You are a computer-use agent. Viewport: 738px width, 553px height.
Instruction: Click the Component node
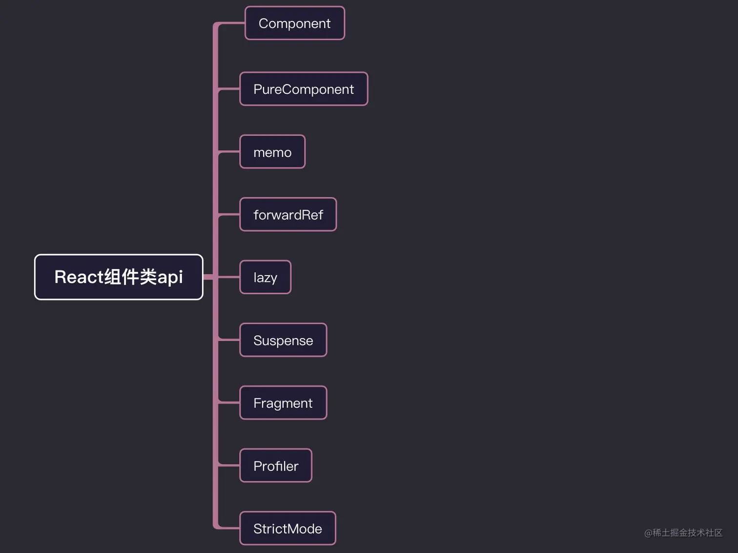(294, 23)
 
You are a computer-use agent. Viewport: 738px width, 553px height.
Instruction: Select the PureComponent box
(304, 89)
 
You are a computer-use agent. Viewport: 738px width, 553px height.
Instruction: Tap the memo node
(272, 152)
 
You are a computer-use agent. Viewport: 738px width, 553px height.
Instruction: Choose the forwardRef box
(288, 214)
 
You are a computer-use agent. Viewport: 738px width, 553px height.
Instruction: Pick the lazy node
(265, 277)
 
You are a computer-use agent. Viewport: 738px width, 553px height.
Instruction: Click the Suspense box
(283, 340)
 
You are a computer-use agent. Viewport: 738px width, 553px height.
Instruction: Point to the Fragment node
(283, 403)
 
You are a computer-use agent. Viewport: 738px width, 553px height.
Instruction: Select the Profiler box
(276, 466)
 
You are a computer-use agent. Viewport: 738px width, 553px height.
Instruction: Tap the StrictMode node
(287, 528)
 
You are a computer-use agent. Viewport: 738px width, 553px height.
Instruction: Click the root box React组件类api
(119, 277)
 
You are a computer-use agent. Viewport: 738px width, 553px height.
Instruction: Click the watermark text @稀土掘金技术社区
(683, 532)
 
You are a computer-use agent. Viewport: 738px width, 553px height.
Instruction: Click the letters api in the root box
(170, 277)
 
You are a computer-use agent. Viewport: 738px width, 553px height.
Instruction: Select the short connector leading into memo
(228, 152)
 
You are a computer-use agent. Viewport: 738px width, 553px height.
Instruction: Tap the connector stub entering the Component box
(230, 23)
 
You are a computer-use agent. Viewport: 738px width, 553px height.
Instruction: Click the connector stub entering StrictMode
(228, 528)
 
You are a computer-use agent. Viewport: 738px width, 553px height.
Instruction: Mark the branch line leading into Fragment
(228, 403)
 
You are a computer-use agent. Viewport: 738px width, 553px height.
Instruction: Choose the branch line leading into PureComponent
(228, 89)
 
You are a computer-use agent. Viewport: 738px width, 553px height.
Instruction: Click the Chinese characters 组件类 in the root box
(130, 277)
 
